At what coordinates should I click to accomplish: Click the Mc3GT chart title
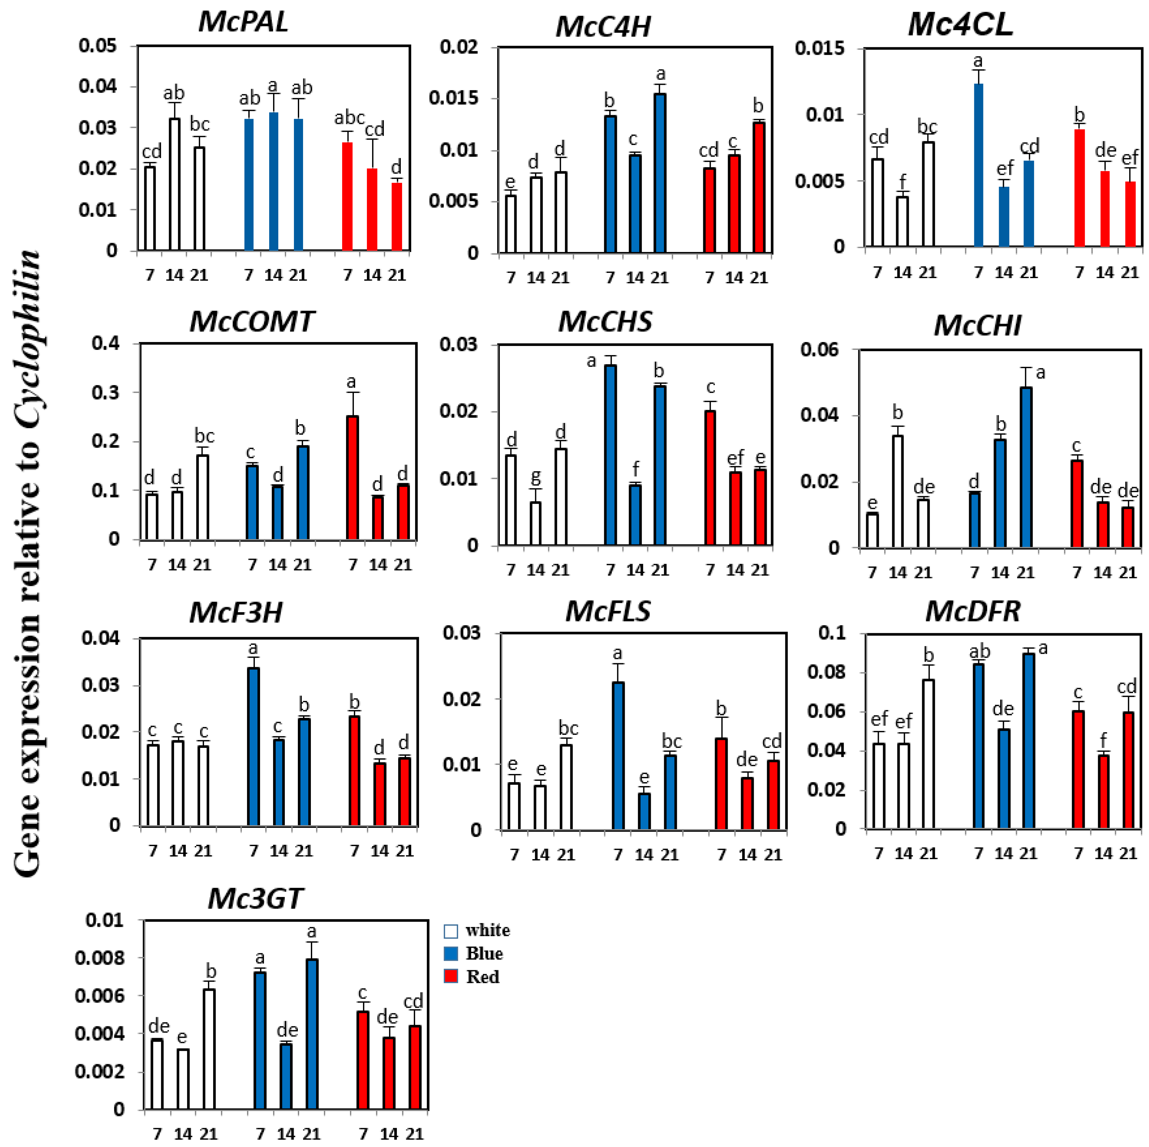click(256, 898)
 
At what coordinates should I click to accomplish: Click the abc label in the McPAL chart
click(349, 118)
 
